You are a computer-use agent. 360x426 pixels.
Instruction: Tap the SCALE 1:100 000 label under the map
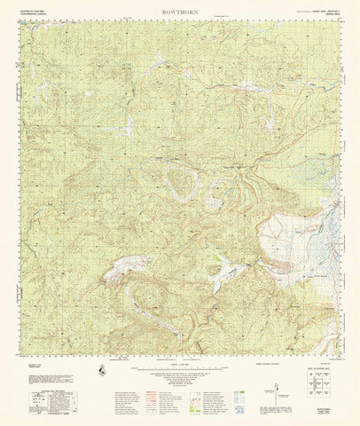click(x=179, y=367)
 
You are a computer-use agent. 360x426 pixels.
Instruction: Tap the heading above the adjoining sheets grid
click(x=321, y=367)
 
